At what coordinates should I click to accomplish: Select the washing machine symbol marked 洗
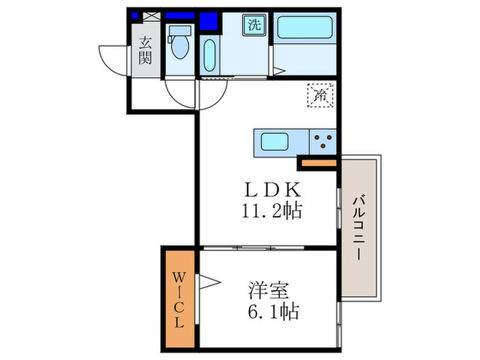point(254,26)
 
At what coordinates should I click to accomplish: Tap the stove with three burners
point(322,143)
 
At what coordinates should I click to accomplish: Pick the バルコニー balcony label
point(358,227)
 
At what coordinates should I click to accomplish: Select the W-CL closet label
point(178,300)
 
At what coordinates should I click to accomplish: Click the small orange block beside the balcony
point(318,163)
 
